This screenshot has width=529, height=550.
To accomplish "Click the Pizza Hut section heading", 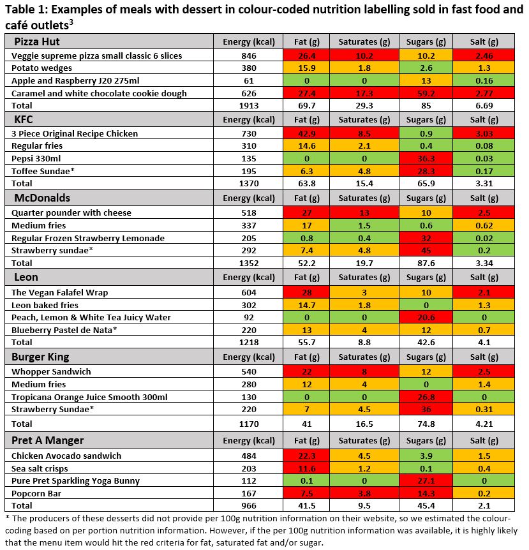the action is pyautogui.click(x=37, y=41).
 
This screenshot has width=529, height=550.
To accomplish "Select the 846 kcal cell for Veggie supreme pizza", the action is pyautogui.click(x=249, y=56).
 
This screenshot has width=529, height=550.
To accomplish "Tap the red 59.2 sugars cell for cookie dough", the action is pyautogui.click(x=426, y=93).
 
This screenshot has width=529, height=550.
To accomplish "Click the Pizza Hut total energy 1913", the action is pyautogui.click(x=249, y=105).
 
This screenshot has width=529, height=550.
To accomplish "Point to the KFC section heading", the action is pyautogui.click(x=24, y=119).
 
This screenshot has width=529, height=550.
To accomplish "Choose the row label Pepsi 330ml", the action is pyautogui.click(x=36, y=158).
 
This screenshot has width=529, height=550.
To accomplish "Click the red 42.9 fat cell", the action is pyautogui.click(x=306, y=133).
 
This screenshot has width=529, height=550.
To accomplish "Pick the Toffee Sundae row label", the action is pyautogui.click(x=43, y=171).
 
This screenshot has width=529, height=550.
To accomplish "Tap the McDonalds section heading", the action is pyautogui.click(x=42, y=198).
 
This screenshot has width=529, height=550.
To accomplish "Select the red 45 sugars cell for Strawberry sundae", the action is pyautogui.click(x=426, y=251).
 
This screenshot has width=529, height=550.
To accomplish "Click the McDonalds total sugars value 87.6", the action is pyautogui.click(x=426, y=263).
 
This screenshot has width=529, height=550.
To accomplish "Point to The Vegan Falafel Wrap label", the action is pyautogui.click(x=59, y=292).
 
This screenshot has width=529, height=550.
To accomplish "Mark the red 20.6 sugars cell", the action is pyautogui.click(x=426, y=318).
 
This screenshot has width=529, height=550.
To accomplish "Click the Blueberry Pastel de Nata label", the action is pyautogui.click(x=64, y=330).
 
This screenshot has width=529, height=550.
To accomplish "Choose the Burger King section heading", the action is pyautogui.click(x=40, y=357).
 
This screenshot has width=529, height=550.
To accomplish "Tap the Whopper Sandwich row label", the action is pyautogui.click(x=51, y=372).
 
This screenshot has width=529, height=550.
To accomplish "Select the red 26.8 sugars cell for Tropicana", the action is pyautogui.click(x=426, y=397).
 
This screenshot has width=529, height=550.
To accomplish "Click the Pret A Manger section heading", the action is pyautogui.click(x=48, y=440).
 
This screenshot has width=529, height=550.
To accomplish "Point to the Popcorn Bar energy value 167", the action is pyautogui.click(x=249, y=493).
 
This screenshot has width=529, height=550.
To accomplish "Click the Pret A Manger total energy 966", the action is pyautogui.click(x=249, y=506).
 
